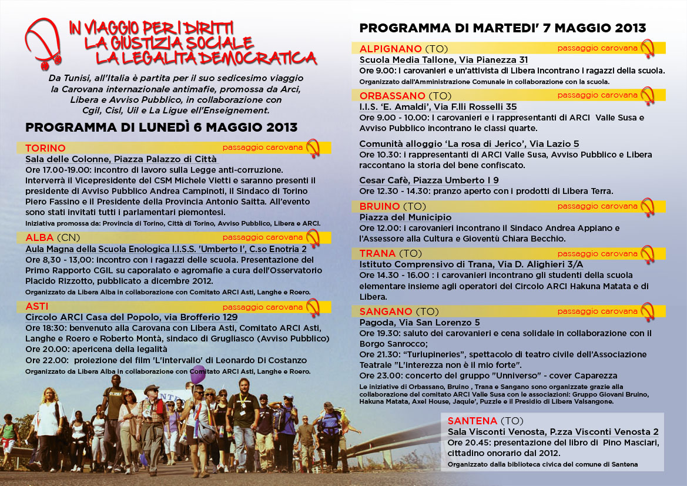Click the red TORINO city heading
click(x=45, y=148)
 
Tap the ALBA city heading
click(x=39, y=237)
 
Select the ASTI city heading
click(x=37, y=306)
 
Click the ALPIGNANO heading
click(x=390, y=49)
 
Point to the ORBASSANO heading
click(x=392, y=95)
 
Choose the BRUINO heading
click(x=380, y=206)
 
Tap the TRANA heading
click(x=377, y=253)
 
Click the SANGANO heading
click(x=386, y=311)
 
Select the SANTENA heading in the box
click(x=472, y=421)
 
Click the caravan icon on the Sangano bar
click(x=647, y=311)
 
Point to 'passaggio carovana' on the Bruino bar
click(x=597, y=206)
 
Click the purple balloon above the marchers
click(x=198, y=374)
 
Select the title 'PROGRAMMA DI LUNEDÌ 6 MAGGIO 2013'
click(x=162, y=128)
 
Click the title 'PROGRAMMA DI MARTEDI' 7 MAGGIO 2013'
click(x=502, y=28)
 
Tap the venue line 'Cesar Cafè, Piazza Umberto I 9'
click(x=429, y=180)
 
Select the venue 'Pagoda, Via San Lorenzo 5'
click(x=420, y=323)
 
